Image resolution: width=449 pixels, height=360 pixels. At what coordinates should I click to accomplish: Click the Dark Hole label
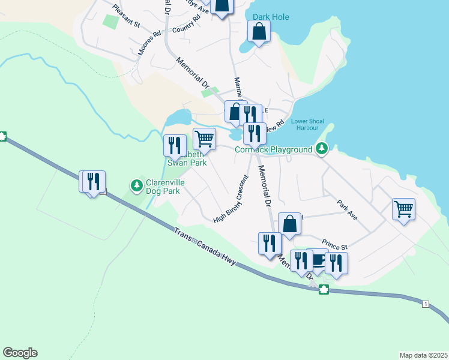[x=271, y=17]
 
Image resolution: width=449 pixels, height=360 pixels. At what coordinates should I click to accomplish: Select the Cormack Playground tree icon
[x=322, y=148]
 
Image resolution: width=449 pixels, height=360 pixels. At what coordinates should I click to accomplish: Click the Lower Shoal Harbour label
[x=308, y=124]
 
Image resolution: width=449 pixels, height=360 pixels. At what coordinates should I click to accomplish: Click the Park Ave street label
[x=347, y=210]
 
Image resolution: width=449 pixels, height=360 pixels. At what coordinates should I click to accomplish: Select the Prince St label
[x=335, y=243]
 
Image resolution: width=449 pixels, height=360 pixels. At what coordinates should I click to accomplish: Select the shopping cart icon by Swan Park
[x=204, y=139]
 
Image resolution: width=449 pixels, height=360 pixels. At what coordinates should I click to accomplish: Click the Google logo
[x=20, y=353]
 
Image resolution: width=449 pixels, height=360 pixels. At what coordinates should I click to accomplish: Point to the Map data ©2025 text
[x=423, y=355]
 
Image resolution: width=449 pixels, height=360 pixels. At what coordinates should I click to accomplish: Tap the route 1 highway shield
[x=425, y=304]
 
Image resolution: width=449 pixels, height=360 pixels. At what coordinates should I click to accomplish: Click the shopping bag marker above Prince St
[x=289, y=223]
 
